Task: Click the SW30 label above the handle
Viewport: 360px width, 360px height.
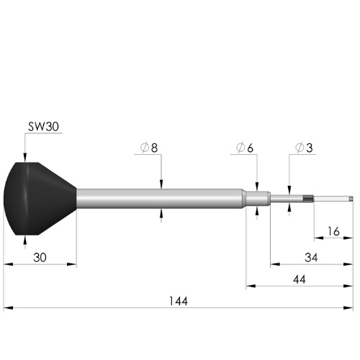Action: [x=42, y=125]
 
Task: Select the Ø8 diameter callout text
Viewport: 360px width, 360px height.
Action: [x=150, y=148]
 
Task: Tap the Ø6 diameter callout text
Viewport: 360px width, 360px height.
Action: [x=245, y=148]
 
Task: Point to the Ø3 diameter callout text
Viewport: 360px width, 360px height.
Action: [x=303, y=148]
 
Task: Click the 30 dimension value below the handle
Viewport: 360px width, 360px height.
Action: [x=40, y=257]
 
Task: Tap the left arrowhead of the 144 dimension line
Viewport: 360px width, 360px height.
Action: [x=8, y=308]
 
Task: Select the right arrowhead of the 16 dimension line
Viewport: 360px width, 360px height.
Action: [x=351, y=237]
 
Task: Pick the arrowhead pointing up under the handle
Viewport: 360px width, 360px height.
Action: [x=25, y=239]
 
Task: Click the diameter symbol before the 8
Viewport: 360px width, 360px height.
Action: [x=144, y=148]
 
